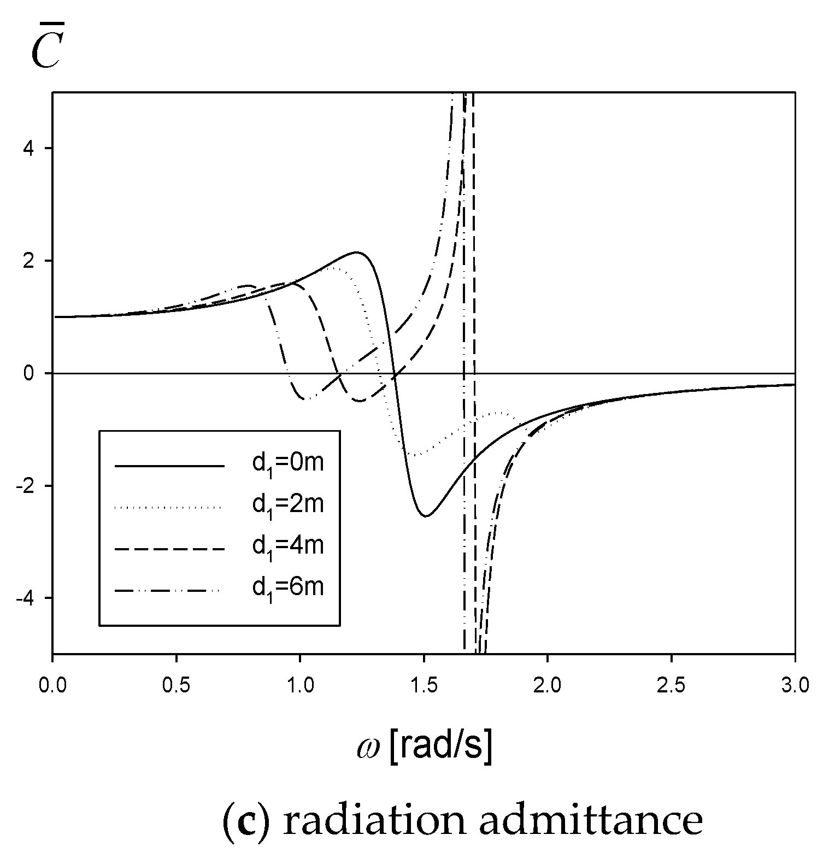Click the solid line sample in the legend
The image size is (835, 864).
pyautogui.click(x=169, y=466)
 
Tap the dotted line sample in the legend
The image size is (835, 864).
pyautogui.click(x=169, y=508)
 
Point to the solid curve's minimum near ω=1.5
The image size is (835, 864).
pyautogui.click(x=425, y=516)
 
